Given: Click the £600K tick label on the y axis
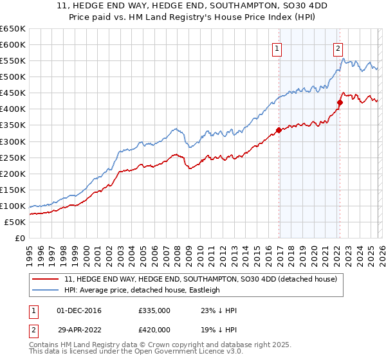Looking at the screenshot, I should pos(13,44).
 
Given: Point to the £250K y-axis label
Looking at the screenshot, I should pos(13,157).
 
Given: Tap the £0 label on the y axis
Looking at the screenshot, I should pos(19,238).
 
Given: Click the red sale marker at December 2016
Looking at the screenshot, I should pos(279,130).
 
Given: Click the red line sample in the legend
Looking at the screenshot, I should pos(45,279).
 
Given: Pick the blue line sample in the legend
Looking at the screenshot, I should pos(45,290).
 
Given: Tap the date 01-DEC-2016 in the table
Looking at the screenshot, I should pos(80,310).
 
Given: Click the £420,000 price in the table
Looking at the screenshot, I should pos(154,328).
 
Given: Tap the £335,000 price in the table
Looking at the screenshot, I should pos(154,310).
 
